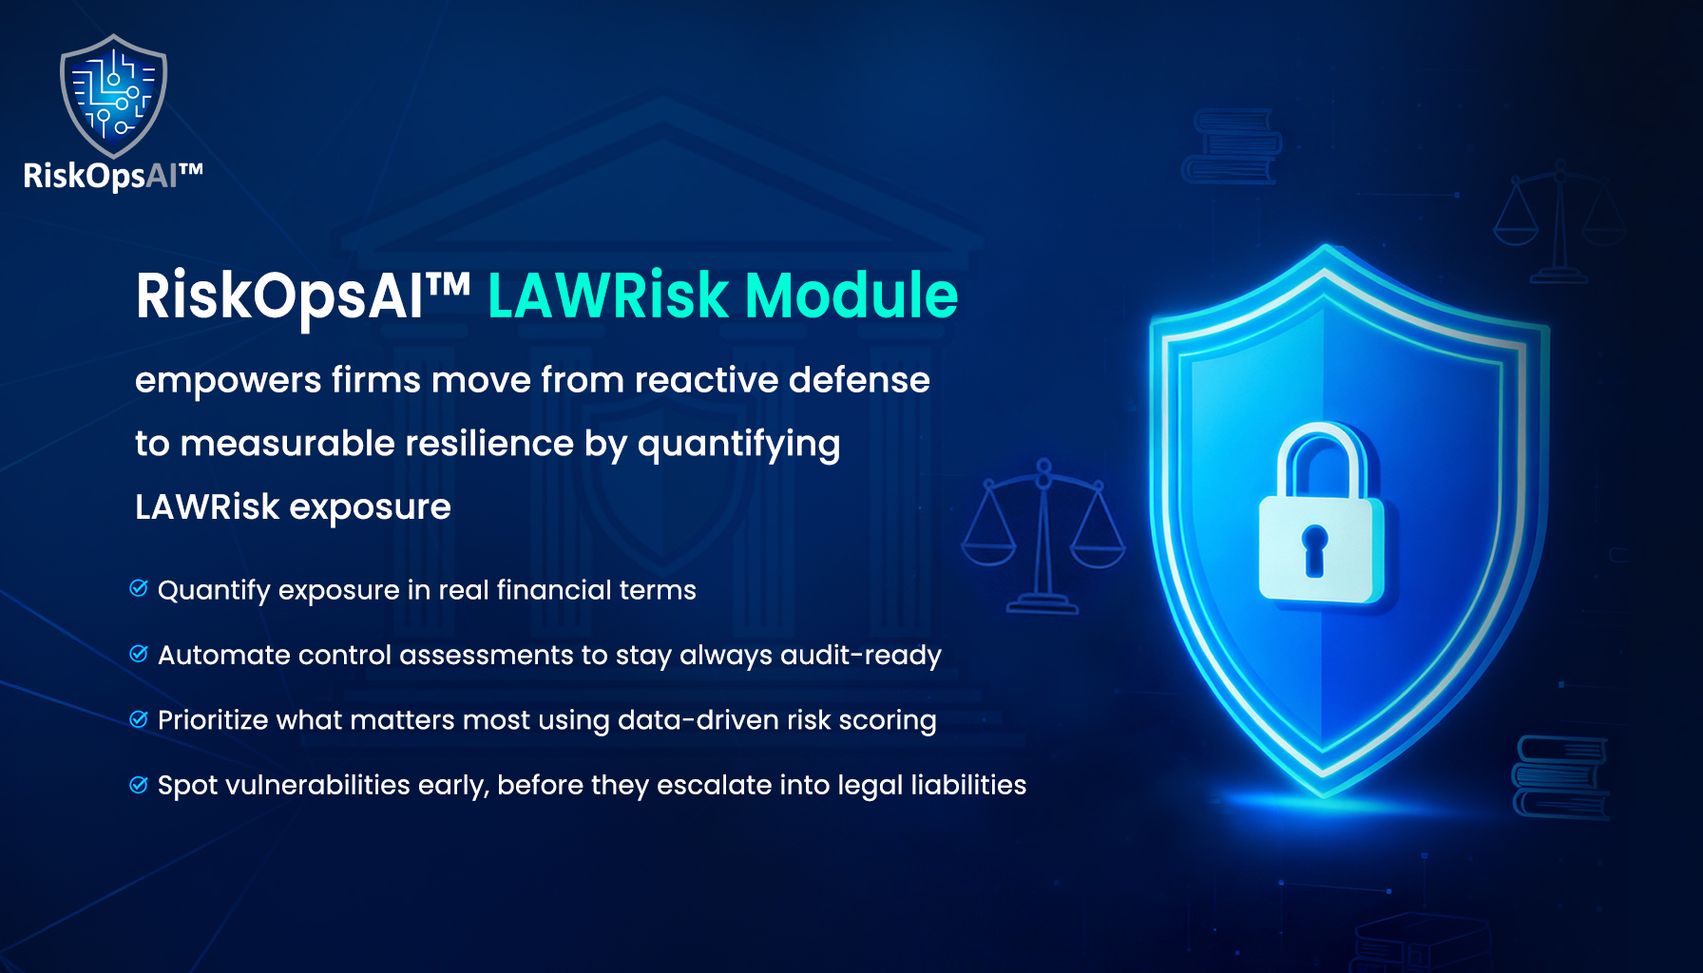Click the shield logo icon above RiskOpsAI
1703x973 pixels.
[x=113, y=96]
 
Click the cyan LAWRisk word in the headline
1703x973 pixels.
[x=608, y=296]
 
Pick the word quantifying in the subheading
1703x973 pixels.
[x=738, y=445]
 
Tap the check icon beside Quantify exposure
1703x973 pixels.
[x=139, y=588]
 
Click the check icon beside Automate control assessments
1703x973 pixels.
[x=139, y=654]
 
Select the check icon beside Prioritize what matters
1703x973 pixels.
[x=139, y=718]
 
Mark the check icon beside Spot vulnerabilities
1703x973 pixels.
[x=139, y=784]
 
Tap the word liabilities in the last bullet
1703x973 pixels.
[x=968, y=784]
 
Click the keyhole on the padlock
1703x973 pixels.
[x=1315, y=549]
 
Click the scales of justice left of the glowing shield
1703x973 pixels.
[x=1043, y=536]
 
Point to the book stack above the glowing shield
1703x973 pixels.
[x=1232, y=146]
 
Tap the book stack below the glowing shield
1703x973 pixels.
[x=1560, y=776]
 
